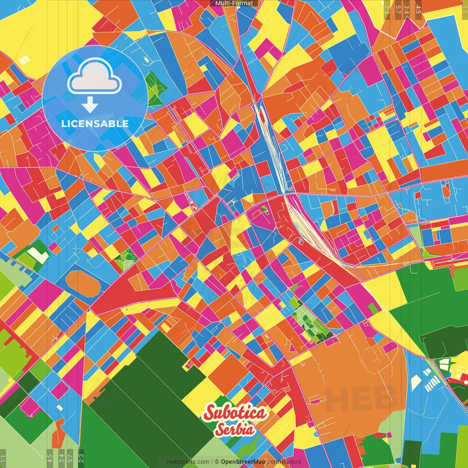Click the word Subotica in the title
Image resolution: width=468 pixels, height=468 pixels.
click(235, 413)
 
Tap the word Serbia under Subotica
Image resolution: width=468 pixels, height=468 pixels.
click(235, 429)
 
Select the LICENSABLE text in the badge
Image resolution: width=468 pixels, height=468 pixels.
click(95, 124)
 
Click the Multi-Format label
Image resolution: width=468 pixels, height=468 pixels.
click(234, 3)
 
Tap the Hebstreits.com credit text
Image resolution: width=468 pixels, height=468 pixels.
click(188, 462)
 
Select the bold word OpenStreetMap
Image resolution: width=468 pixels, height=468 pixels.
click(243, 462)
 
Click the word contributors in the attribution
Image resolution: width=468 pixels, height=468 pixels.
click(284, 462)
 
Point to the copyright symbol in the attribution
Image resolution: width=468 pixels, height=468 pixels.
click(216, 462)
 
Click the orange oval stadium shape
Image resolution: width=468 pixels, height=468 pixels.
click(83, 284)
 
